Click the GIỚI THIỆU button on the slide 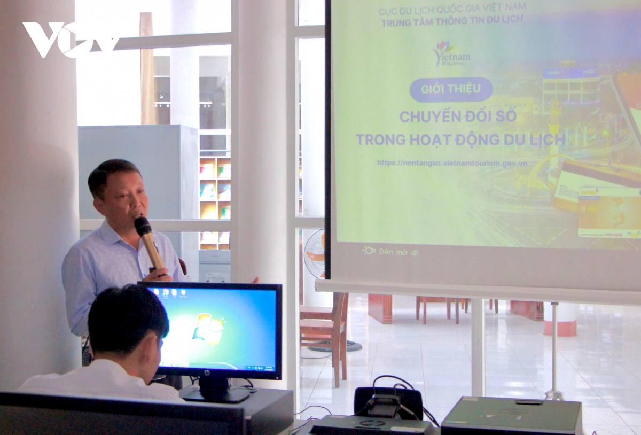pos(451,89)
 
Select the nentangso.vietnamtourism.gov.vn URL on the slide pos(452,162)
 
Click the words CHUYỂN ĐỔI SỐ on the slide pos(458,116)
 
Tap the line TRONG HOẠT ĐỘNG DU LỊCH pos(460,139)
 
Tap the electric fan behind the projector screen pos(315,253)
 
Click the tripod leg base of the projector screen pos(554,395)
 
